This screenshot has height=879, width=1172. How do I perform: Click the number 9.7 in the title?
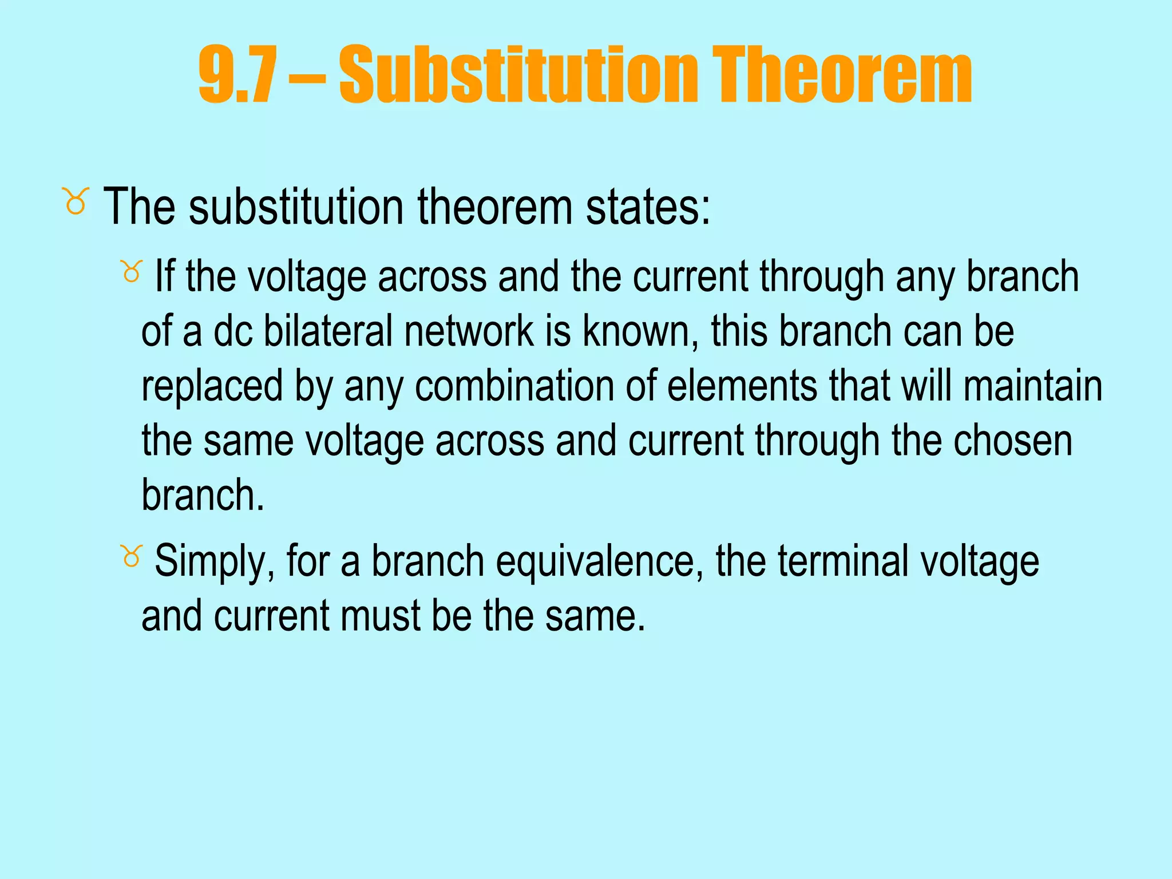[237, 75]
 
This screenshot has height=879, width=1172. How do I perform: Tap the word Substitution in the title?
[518, 75]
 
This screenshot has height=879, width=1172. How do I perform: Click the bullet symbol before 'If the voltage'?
[131, 271]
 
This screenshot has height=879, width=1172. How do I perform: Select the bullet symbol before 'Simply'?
[131, 556]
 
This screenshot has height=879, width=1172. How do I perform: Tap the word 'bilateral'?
[327, 331]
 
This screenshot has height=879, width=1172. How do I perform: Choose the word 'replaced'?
[212, 387]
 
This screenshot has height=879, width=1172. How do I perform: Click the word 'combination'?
[514, 386]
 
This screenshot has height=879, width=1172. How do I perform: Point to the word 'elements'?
[742, 386]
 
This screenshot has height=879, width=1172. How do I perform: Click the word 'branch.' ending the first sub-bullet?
[203, 495]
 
